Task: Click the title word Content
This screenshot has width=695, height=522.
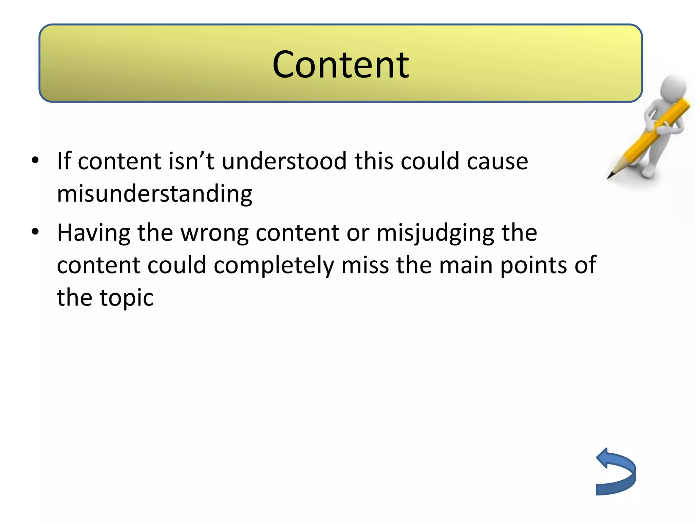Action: point(340,65)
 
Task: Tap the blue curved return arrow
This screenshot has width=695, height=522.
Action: point(616,472)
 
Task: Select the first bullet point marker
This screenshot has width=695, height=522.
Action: point(35,160)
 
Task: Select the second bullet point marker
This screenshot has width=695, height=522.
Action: point(35,232)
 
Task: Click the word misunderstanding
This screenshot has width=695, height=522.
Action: point(154,194)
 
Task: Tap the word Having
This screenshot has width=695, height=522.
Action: point(94,233)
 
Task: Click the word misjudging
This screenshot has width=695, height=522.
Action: point(435,233)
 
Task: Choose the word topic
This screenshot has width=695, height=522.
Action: point(126,298)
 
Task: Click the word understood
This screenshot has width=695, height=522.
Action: point(284,161)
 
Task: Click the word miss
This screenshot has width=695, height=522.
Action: point(365,265)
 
